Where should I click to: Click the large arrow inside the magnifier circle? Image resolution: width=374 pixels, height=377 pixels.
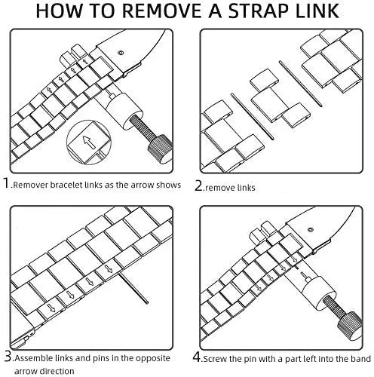point(89,142)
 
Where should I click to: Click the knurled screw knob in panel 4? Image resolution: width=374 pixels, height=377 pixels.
point(350,326)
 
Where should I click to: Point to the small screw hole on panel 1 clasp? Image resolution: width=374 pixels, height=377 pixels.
point(121,53)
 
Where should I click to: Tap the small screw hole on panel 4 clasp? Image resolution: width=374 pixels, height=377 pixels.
point(311,230)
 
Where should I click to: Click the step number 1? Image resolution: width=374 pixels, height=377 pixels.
point(6,182)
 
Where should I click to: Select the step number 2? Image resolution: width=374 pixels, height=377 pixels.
point(198,185)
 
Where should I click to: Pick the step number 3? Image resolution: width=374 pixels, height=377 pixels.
point(8,357)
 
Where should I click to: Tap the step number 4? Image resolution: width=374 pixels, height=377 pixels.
point(197,357)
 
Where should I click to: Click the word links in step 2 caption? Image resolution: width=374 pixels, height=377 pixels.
point(244,188)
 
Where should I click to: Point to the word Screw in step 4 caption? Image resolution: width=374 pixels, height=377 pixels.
point(214,359)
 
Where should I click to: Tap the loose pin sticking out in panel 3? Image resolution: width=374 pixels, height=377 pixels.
point(133,289)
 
